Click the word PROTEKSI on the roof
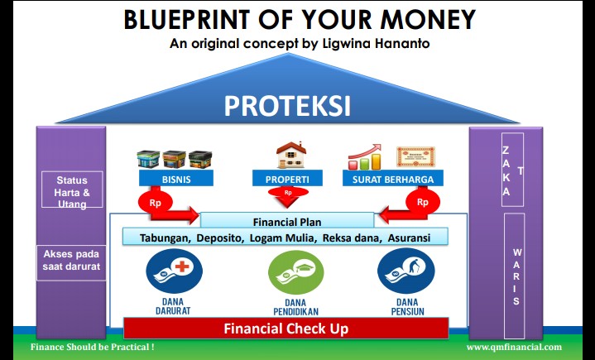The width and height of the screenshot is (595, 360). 298,106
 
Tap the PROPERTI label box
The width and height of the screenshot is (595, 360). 288,178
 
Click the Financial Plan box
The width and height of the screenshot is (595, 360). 286,221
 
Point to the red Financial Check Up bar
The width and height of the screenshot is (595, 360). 286,328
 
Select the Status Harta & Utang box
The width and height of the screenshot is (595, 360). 72,191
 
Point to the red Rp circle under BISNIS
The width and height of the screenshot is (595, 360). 155,201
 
